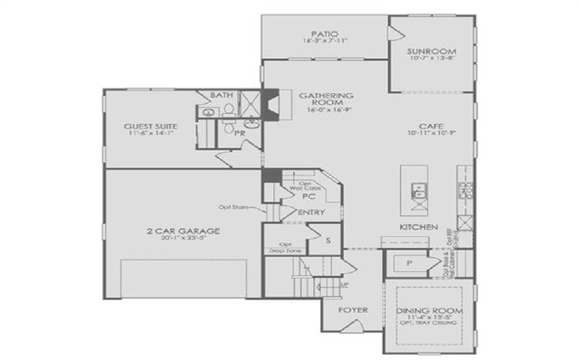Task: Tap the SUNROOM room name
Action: [430, 52]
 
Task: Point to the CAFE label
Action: [430, 126]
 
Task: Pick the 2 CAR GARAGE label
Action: [183, 231]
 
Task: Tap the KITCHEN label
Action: [419, 226]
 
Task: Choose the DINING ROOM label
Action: [431, 311]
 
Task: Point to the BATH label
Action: [221, 95]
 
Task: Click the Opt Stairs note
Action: [233, 206]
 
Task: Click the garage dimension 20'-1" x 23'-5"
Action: [183, 241]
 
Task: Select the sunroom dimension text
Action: [430, 61]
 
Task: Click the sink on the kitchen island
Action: [419, 189]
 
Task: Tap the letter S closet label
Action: [327, 240]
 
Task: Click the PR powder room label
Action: [241, 133]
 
